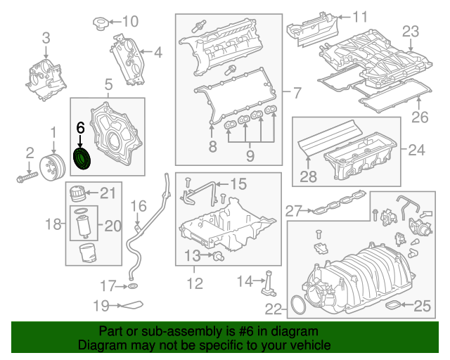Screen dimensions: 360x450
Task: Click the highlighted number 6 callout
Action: coord(80,128)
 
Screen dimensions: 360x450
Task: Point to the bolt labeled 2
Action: coord(27,176)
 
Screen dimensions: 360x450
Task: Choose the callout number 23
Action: coord(410,31)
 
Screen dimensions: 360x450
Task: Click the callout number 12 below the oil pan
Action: coord(194,283)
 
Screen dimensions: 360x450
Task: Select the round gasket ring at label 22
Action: coord(298,304)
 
